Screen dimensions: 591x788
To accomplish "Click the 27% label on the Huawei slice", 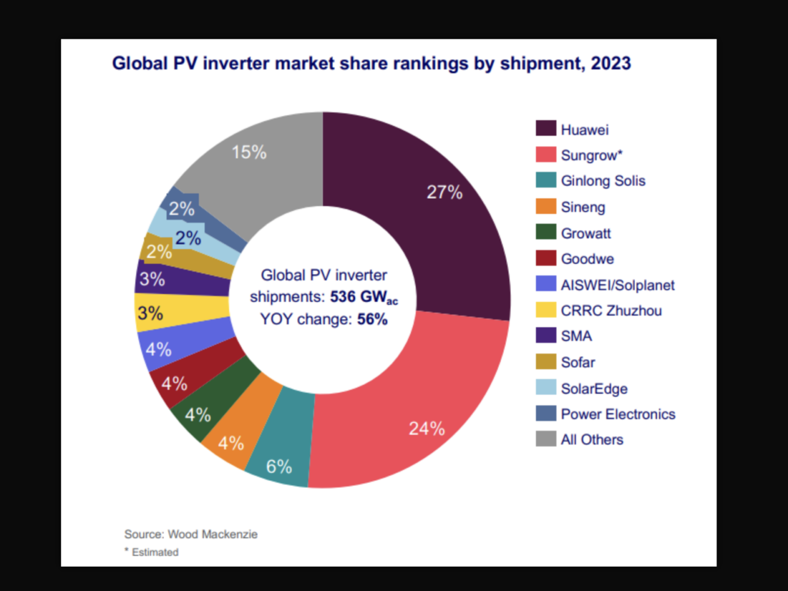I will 444,192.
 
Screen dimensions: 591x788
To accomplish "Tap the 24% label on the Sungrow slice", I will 427,429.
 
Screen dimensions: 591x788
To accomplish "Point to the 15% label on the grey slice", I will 249,152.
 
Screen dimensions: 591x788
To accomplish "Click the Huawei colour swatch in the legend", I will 546,129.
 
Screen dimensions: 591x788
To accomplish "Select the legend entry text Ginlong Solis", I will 603,181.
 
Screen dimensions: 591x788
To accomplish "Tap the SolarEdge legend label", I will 593,389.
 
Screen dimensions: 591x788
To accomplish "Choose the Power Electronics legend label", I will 618,414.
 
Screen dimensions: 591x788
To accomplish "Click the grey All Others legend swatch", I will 546,439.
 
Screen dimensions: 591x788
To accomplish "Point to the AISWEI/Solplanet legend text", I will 617,285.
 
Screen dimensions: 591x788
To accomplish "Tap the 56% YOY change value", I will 372,319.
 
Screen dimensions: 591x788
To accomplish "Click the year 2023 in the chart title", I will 610,63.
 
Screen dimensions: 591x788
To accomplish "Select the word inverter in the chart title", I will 235,63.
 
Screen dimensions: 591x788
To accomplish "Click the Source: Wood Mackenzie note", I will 191,534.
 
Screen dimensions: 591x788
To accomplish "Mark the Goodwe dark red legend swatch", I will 546,258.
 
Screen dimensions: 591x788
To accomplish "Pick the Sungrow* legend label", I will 591,155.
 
